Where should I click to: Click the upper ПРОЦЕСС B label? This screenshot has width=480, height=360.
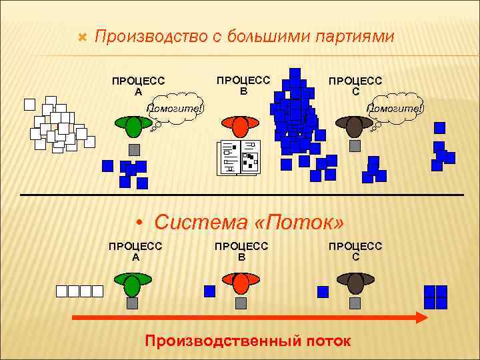click(x=244, y=85)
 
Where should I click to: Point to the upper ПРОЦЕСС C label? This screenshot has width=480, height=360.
click(x=355, y=85)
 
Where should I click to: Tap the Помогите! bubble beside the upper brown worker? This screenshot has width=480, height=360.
click(x=396, y=110)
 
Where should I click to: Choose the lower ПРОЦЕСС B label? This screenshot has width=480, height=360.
click(x=241, y=251)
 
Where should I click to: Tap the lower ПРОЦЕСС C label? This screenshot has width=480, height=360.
click(x=355, y=251)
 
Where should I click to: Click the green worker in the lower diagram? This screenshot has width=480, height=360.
click(x=132, y=285)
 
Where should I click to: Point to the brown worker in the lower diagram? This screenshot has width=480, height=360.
click(x=355, y=284)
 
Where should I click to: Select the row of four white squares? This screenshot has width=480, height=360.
click(x=79, y=291)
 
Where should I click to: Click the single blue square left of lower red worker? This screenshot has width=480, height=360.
click(x=209, y=291)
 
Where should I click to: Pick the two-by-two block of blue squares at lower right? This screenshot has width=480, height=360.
click(x=435, y=297)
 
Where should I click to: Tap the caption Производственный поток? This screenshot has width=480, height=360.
click(x=247, y=341)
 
